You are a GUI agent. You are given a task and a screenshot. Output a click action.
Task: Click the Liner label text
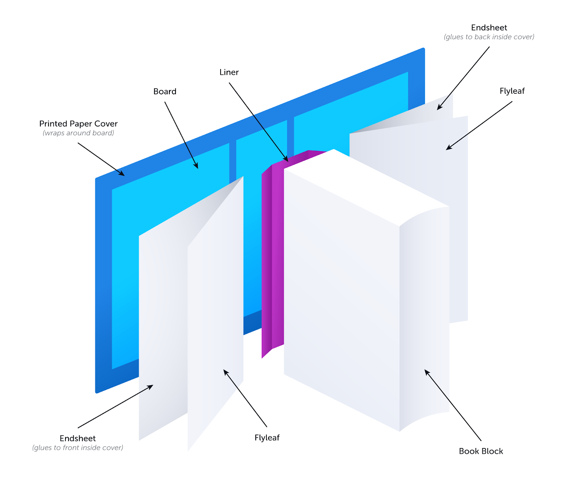229,72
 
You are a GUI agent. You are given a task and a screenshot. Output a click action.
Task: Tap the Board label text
165,92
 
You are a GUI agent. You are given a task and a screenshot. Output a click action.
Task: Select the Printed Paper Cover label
78,124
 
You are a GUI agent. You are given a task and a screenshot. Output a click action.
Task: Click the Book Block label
481,451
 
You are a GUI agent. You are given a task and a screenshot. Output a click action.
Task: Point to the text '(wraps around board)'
78,133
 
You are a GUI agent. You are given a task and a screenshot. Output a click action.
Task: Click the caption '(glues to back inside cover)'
489,37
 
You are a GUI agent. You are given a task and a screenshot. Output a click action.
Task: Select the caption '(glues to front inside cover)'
78,448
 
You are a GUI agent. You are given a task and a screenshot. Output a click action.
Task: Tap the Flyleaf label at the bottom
267,438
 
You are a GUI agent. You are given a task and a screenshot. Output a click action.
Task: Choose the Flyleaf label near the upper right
512,91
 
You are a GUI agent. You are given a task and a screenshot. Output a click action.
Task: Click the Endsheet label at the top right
489,28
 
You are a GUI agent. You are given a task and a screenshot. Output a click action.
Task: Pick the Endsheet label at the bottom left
78,438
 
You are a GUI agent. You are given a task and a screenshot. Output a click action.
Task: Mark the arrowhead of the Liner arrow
287,160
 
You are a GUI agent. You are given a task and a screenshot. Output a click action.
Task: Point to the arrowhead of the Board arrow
197,167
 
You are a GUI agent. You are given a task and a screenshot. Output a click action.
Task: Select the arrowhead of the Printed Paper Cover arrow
123,174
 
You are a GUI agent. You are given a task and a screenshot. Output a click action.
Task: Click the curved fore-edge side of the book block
424,317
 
